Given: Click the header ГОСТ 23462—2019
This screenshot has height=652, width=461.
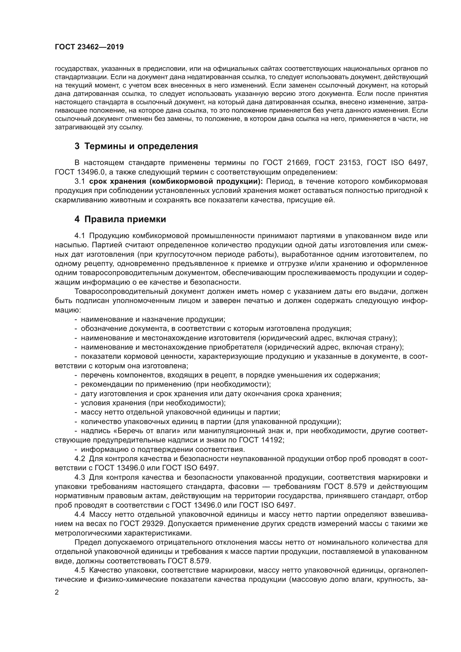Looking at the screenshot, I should click(x=89, y=47).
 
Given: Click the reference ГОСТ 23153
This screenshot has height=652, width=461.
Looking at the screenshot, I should click(x=338, y=163).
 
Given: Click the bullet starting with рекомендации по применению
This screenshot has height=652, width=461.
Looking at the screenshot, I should click(x=176, y=384).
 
